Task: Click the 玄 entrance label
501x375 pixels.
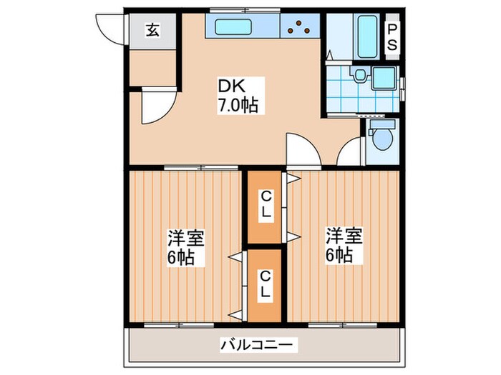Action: tap(152, 30)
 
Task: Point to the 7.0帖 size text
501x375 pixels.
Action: tap(238, 106)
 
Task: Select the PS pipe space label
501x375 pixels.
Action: tap(393, 35)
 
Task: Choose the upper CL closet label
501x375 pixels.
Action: tap(265, 202)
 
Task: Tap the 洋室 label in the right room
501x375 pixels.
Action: tap(344, 234)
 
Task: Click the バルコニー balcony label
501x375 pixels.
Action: tap(256, 346)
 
